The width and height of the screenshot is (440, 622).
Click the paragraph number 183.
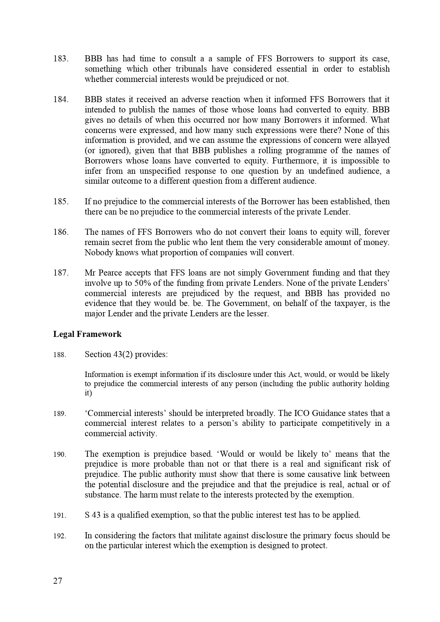pyautogui.click(x=60, y=59)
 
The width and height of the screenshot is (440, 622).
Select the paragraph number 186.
pyautogui.click(x=60, y=232)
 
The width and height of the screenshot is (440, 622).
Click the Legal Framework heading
pyautogui.click(x=87, y=334)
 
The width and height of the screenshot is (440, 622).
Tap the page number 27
pyautogui.click(x=57, y=581)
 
